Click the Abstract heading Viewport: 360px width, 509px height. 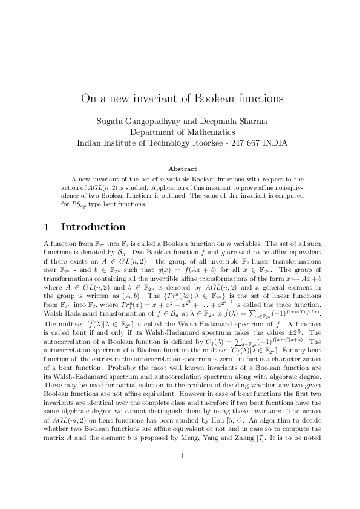point(180,169)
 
